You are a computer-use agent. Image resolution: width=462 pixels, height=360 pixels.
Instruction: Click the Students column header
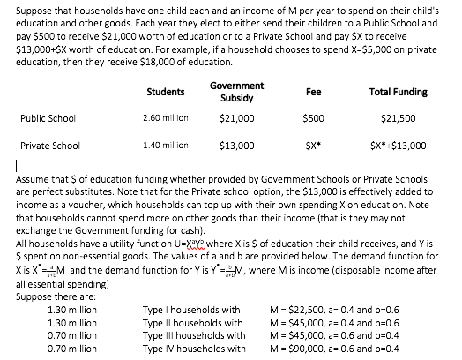(x=167, y=91)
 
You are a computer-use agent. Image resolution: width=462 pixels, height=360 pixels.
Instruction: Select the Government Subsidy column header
(x=235, y=91)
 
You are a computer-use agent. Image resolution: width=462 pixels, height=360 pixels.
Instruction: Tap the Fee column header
(x=312, y=91)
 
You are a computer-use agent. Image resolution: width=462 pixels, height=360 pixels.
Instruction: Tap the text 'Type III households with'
(x=192, y=335)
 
